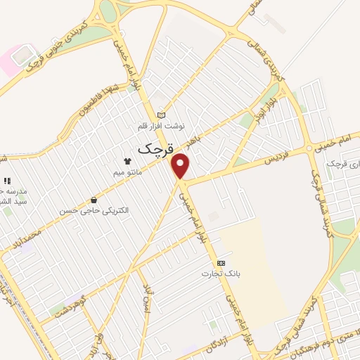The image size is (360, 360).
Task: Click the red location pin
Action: (181, 166)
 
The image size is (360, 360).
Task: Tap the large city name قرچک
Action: (154, 148)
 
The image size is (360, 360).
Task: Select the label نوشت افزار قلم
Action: (161, 126)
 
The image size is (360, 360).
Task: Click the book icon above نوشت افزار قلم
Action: (161, 115)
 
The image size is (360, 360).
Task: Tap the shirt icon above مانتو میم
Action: (127, 161)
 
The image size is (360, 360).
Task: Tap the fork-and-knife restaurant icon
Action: (6, 181)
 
